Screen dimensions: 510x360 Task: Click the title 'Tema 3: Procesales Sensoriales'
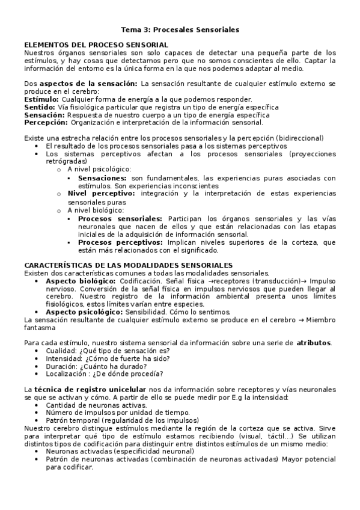click(180, 29)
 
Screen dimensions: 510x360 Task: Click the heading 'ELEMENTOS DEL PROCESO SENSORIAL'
click(96, 45)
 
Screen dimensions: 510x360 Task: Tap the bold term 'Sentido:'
click(40, 107)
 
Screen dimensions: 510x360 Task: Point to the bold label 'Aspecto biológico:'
click(81, 281)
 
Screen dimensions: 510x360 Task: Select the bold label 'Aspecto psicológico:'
click(84, 312)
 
